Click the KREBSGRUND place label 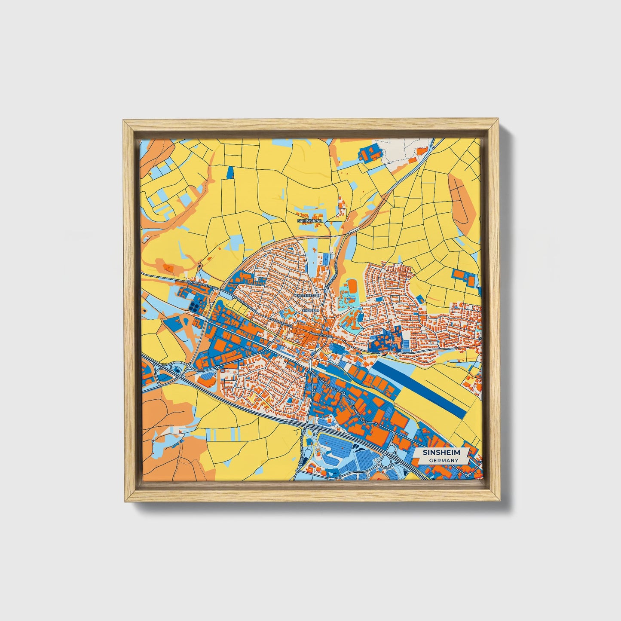tap(309, 220)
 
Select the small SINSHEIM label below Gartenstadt tap(311, 310)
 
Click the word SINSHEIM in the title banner tap(441, 453)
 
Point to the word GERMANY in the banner tap(444, 460)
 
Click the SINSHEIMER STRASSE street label tap(203, 284)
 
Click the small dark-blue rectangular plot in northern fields tap(230, 172)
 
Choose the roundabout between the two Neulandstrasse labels tap(343, 393)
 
